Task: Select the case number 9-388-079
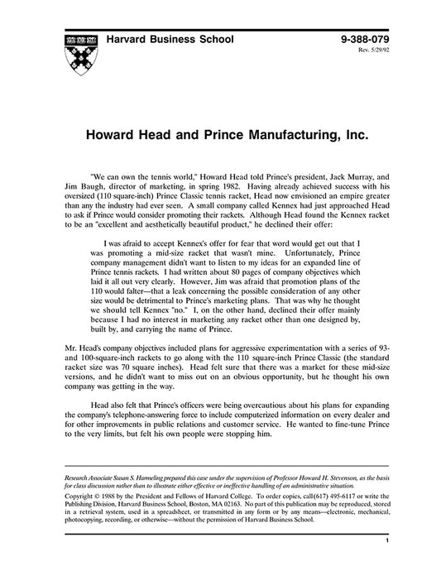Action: pos(364,39)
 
